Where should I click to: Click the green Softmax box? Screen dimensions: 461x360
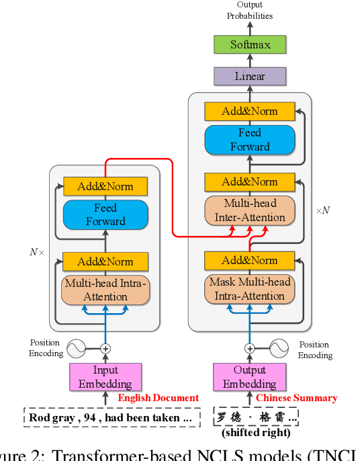[250, 45]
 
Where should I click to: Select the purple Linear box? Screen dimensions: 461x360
[250, 76]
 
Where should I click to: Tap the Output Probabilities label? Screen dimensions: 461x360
[249, 11]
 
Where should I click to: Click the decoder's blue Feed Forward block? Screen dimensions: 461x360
[250, 140]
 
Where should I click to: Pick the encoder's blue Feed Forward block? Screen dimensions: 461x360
[105, 214]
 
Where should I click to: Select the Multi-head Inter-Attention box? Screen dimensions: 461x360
[250, 210]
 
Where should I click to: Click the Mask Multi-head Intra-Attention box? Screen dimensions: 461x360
[250, 289]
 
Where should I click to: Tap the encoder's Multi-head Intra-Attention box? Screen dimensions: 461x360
[105, 290]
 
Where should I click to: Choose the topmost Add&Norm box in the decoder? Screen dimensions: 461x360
[250, 111]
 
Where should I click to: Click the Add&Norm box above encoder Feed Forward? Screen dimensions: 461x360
[105, 186]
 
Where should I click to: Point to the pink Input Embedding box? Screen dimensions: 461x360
[105, 377]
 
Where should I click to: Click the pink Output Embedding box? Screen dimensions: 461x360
[249, 377]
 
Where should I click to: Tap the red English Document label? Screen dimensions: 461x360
[158, 398]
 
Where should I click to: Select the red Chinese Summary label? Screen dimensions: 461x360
[296, 398]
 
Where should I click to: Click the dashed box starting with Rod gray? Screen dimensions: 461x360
[114, 418]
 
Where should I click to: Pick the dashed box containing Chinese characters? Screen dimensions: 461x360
[255, 417]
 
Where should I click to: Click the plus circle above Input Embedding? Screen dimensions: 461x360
[105, 349]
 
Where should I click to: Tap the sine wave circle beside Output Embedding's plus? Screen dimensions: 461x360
[279, 349]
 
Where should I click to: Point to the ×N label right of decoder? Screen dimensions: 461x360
[323, 210]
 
